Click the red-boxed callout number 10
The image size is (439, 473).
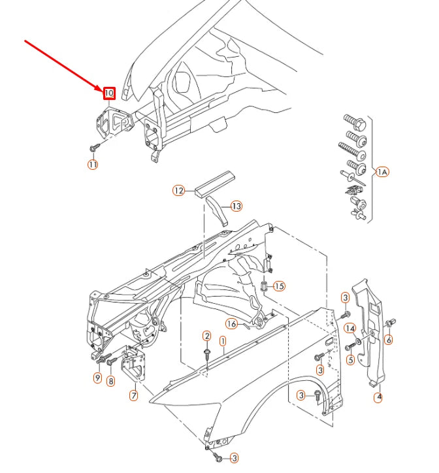pos(109,93)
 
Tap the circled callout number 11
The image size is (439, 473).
pos(93,165)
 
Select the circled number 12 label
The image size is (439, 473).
pos(179,191)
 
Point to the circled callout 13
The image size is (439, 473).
pos(236,206)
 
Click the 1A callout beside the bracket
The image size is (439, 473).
pos(383,172)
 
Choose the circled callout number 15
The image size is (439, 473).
pos(279,286)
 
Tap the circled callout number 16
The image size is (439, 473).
pos(231,323)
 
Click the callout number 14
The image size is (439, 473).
pos(350,328)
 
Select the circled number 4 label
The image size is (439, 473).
pos(379,397)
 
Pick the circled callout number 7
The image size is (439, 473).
pos(133,395)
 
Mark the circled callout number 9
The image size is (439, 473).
pos(97,378)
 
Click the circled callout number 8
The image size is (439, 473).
pos(110,380)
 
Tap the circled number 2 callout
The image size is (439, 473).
pos(206,336)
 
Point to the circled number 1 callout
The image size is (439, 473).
pos(222,340)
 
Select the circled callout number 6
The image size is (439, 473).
pos(389,339)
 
